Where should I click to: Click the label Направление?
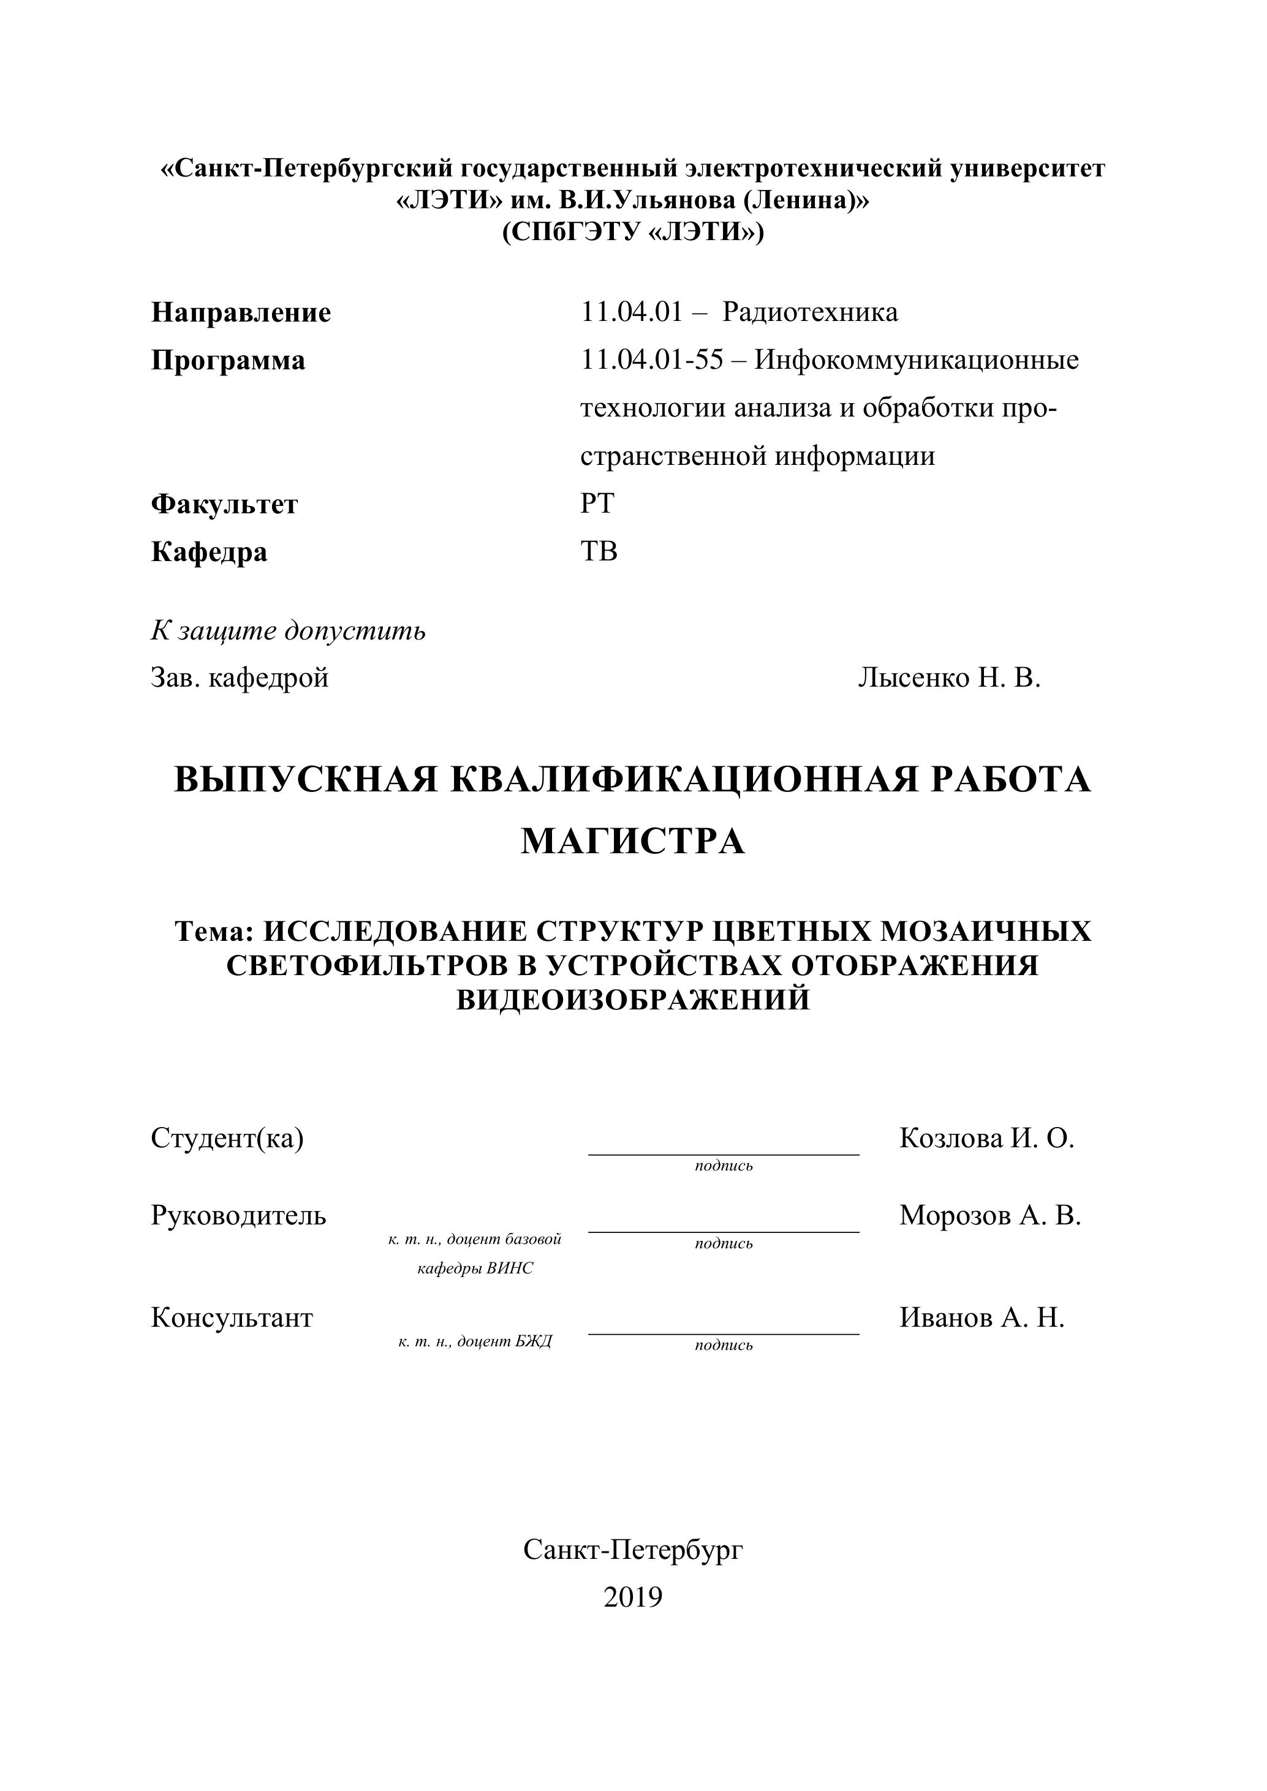[x=241, y=313]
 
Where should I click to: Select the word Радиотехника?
[x=810, y=312]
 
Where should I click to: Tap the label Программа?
[x=228, y=360]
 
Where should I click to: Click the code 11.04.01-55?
[x=652, y=360]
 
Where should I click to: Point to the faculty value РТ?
[x=597, y=504]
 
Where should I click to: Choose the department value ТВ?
[x=599, y=551]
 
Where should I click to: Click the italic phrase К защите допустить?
[x=288, y=630]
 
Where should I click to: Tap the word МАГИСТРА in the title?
[x=633, y=842]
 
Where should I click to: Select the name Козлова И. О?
[x=987, y=1138]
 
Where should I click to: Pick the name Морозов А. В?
[x=990, y=1215]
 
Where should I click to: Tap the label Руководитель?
[x=239, y=1215]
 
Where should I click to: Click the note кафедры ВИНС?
[x=475, y=1269]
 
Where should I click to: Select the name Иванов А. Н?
[x=981, y=1318]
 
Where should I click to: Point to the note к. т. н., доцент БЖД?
[x=475, y=1341]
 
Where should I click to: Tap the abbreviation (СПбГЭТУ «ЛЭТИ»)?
[x=633, y=233]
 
